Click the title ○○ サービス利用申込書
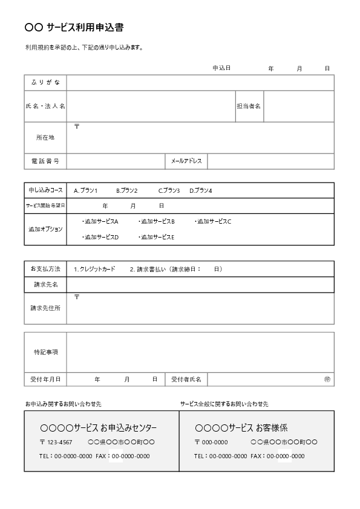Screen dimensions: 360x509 (x=74, y=27)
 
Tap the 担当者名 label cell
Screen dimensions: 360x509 (x=249, y=106)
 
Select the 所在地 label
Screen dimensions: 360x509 (x=45, y=138)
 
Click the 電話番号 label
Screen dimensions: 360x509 (x=45, y=161)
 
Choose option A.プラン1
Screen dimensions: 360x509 (x=86, y=190)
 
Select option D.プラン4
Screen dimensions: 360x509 (x=201, y=190)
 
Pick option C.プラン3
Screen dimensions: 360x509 (x=169, y=190)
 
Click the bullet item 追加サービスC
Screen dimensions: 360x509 (x=214, y=222)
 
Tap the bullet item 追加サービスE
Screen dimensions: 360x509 (x=157, y=237)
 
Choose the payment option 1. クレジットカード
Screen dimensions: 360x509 (x=94, y=269)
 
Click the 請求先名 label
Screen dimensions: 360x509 (x=45, y=284)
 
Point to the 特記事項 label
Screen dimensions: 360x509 (x=45, y=352)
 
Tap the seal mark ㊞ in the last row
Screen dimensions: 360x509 (x=327, y=379)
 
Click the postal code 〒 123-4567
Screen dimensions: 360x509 (x=56, y=442)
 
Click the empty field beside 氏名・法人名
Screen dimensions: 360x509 (x=151, y=106)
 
